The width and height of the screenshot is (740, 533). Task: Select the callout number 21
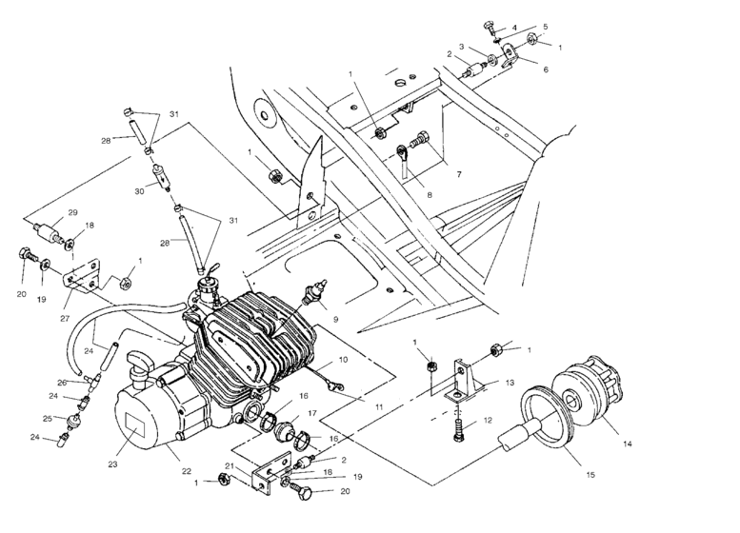(230, 465)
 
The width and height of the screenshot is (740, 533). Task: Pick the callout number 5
(546, 27)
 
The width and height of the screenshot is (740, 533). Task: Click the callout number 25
(47, 418)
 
